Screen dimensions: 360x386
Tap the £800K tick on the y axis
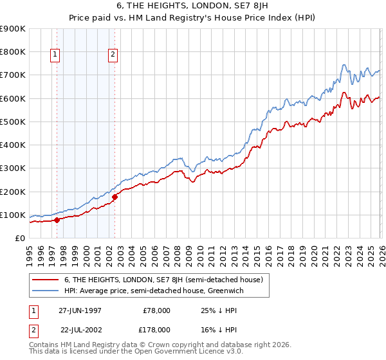13,51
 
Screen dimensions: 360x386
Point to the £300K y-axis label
13,168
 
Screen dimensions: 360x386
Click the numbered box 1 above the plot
55,55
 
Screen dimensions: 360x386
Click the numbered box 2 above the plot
113,55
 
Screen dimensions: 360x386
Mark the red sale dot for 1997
57,220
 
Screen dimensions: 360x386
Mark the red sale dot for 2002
115,197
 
